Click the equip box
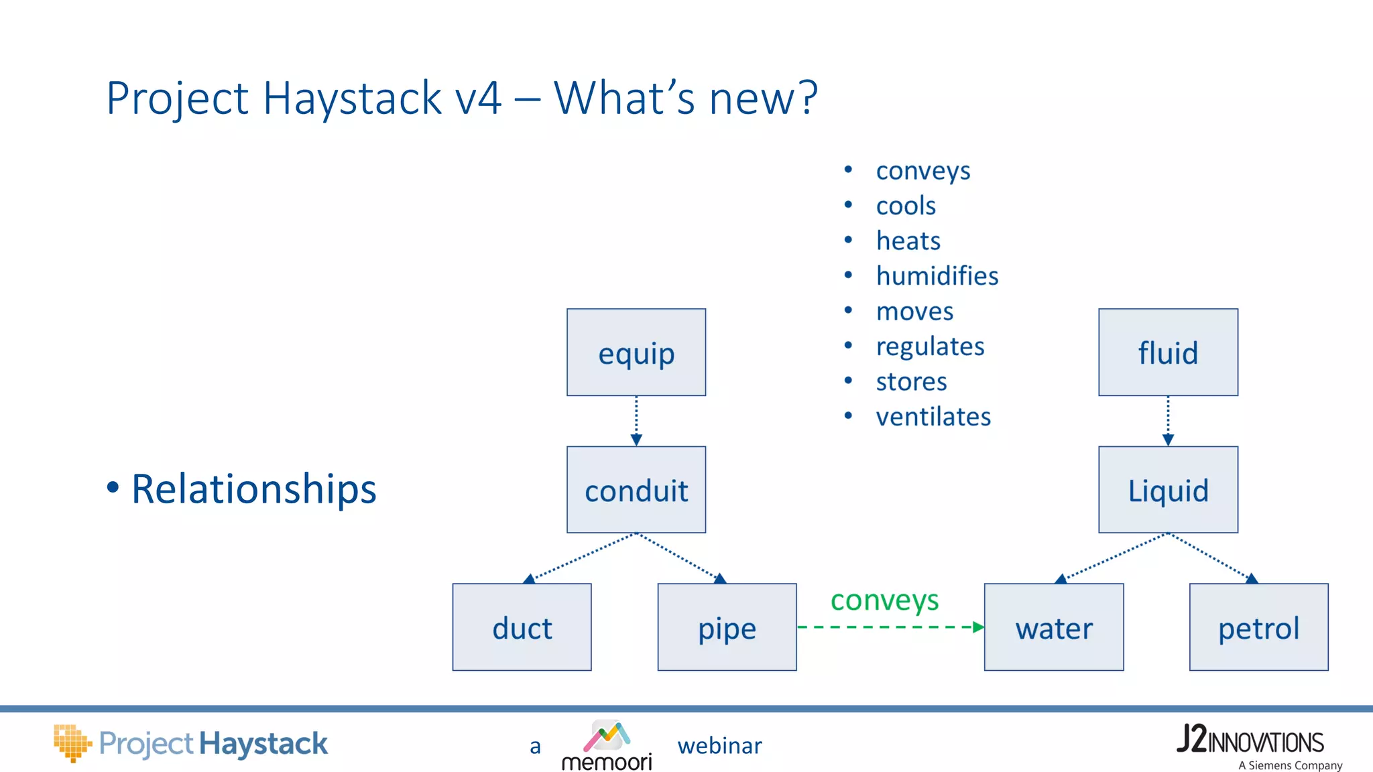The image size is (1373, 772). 636,352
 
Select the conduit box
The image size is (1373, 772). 636,490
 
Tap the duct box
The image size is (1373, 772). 522,627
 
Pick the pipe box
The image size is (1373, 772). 727,627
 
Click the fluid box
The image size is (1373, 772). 1168,352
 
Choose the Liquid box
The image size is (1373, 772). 1168,490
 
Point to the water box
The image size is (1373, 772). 1053,627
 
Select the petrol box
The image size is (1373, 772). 1258,627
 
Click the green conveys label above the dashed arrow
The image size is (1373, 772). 884,600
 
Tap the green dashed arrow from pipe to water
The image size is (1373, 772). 890,627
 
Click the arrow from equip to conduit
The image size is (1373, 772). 636,421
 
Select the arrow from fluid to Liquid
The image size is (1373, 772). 1168,421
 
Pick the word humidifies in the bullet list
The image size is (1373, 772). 937,276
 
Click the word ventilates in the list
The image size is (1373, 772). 933,417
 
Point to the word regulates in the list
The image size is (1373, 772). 930,346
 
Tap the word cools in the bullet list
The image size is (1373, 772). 906,206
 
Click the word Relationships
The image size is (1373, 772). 253,489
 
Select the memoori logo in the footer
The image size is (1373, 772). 607,745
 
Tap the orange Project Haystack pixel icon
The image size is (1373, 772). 72,743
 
